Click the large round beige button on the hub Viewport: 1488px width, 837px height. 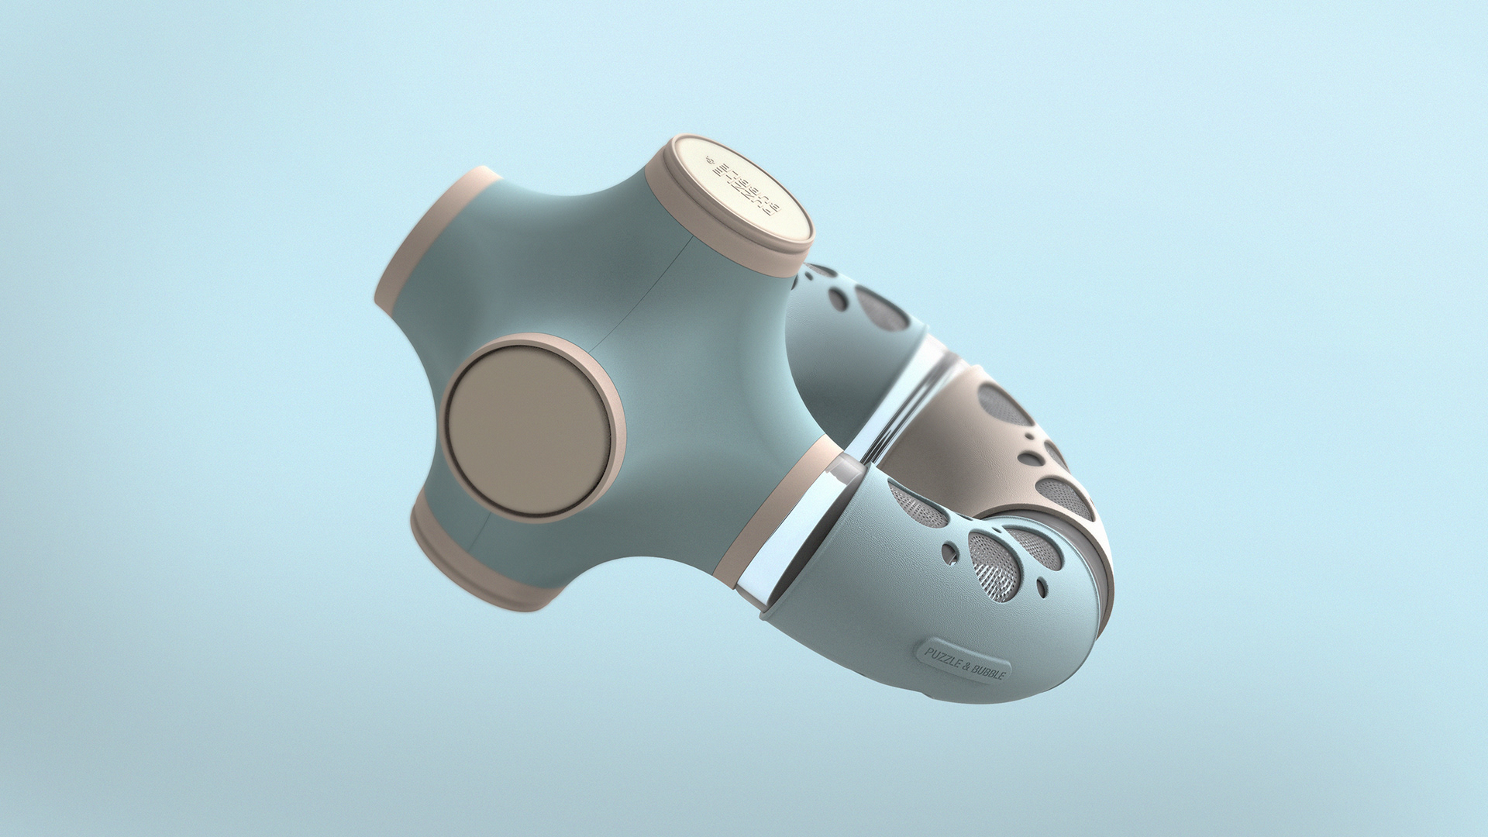(x=532, y=429)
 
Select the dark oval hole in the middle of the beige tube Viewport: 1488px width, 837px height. (x=1031, y=458)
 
